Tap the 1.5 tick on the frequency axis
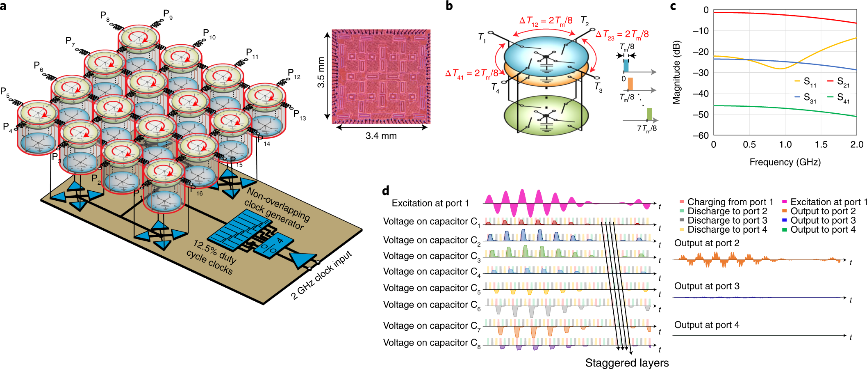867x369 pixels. click(821, 144)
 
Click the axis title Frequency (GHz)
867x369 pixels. click(785, 162)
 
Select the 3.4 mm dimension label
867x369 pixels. click(381, 136)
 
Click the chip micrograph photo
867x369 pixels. click(381, 76)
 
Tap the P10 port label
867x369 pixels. click(209, 34)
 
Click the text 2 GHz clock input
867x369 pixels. click(321, 275)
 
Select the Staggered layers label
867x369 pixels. click(626, 363)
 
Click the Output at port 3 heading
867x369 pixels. click(707, 286)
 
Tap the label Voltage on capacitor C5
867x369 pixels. click(432, 288)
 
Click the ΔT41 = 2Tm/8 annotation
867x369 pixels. click(471, 73)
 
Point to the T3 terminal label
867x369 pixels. click(598, 87)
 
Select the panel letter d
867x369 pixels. click(385, 191)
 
